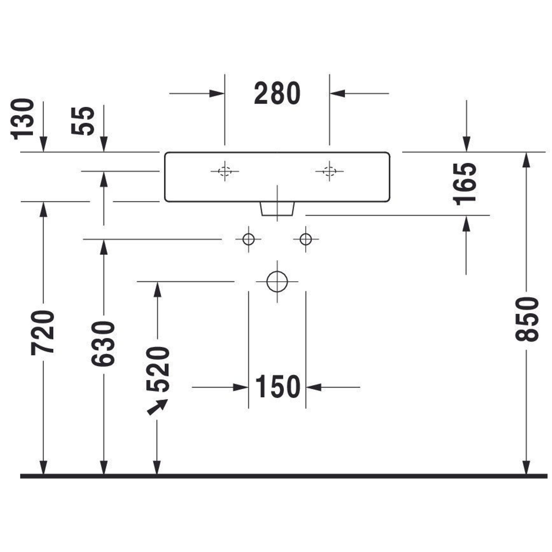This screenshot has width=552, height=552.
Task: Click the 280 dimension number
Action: pyautogui.click(x=277, y=94)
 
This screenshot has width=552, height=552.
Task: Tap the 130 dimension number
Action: pyautogui.click(x=23, y=119)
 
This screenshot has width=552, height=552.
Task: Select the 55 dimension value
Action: pyautogui.click(x=83, y=121)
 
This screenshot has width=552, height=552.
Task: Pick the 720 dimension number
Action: pyautogui.click(x=43, y=333)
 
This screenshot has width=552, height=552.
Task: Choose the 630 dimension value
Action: pyautogui.click(x=103, y=343)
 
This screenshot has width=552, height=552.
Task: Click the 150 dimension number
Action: pyautogui.click(x=277, y=387)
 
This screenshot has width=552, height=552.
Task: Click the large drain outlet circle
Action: pyautogui.click(x=277, y=282)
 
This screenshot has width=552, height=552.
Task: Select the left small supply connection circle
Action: pyautogui.click(x=248, y=239)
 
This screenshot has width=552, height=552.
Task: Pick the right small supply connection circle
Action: pyautogui.click(x=306, y=239)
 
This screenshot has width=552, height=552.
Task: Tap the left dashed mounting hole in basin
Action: pyautogui.click(x=225, y=171)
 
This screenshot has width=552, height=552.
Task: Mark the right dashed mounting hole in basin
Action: pyautogui.click(x=329, y=171)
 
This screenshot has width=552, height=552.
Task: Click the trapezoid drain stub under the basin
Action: pyautogui.click(x=277, y=209)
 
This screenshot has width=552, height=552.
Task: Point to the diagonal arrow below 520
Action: pyautogui.click(x=157, y=407)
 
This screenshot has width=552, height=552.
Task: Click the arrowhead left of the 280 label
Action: pyautogui.click(x=216, y=94)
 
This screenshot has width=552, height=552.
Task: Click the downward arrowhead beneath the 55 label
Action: pyautogui.click(x=104, y=144)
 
